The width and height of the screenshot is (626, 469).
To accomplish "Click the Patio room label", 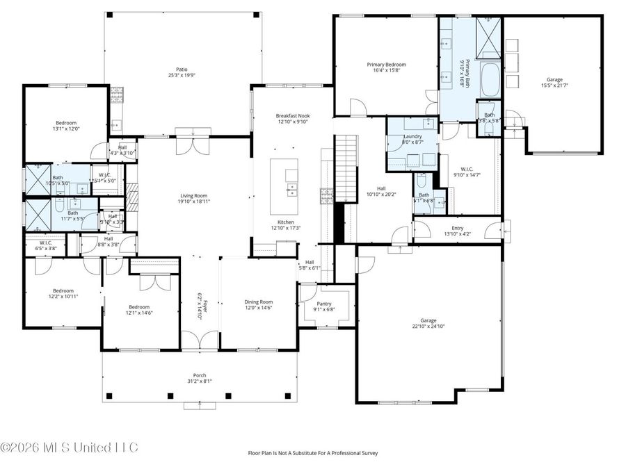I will [x=182, y=69].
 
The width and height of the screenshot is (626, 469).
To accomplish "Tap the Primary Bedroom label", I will [x=386, y=65].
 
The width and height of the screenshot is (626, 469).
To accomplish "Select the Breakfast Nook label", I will [x=292, y=116].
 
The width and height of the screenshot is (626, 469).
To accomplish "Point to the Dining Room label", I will [x=258, y=302].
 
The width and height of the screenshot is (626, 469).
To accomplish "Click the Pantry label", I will [x=324, y=304].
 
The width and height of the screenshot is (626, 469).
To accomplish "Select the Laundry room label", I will [x=412, y=136].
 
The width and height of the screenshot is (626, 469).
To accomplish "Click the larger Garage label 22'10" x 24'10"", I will [x=428, y=320].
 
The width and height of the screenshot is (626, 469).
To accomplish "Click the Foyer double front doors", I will [x=200, y=341].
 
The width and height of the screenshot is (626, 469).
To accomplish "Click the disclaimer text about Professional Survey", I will [x=313, y=453].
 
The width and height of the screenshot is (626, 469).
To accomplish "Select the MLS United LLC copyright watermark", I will [x=70, y=447].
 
